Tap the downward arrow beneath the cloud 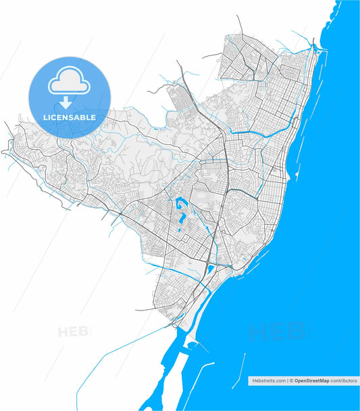pyautogui.click(x=66, y=103)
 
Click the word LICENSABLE pyautogui.click(x=69, y=117)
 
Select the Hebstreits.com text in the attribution pyautogui.click(x=268, y=381)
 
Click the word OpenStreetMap pyautogui.click(x=311, y=381)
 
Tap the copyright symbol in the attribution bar pyautogui.click(x=291, y=381)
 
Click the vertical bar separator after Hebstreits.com pyautogui.click(x=287, y=381)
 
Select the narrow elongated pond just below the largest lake pyautogui.click(x=183, y=220)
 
